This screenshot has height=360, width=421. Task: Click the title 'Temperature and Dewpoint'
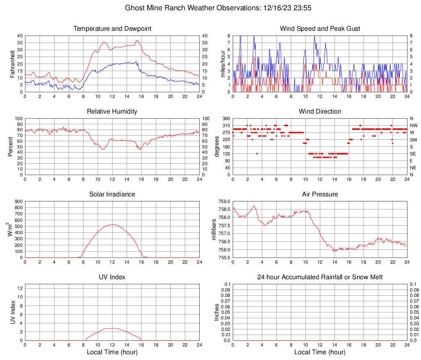click(x=112, y=29)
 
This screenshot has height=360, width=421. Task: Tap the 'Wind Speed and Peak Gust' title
click(x=320, y=29)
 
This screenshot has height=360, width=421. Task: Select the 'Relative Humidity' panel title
click(x=112, y=112)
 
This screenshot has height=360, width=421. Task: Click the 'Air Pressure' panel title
click(x=320, y=194)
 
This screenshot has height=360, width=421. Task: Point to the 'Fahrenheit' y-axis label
click(x=12, y=64)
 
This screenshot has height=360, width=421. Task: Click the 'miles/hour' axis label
click(x=223, y=64)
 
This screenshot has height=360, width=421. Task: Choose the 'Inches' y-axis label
click(x=217, y=312)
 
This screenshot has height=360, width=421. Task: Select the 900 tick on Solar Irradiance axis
click(x=18, y=202)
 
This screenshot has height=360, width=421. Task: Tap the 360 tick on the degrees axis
click(x=225, y=118)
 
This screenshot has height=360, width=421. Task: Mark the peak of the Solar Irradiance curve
click(x=112, y=224)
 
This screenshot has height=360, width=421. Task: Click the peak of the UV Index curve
click(x=113, y=328)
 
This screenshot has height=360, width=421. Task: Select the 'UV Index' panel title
click(x=112, y=277)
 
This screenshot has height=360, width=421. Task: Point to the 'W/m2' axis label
click(x=11, y=230)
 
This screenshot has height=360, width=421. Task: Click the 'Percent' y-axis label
click(x=11, y=146)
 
